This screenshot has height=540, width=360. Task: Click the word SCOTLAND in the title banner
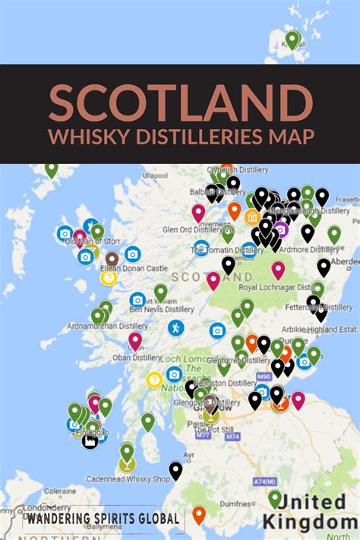[x=180, y=101]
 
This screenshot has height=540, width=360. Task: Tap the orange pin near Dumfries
[x=199, y=514]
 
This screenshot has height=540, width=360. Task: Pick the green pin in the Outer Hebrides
[x=51, y=169]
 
